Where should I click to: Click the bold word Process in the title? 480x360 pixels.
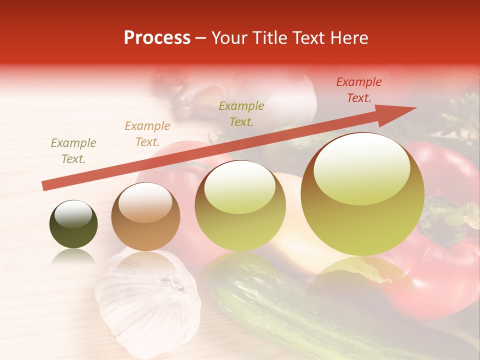coord(157,38)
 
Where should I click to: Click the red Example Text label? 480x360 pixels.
coord(358,90)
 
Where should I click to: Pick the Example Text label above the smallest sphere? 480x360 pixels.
coord(73,151)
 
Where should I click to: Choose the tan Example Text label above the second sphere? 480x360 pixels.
coord(147,134)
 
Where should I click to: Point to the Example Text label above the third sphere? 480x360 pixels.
coord(241,114)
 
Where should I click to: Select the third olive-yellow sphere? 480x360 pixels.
coord(240,206)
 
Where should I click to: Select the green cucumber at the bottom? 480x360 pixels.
coord(280,305)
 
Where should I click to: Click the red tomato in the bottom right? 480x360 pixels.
coord(440,280)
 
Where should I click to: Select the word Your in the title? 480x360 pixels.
coord(230,38)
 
